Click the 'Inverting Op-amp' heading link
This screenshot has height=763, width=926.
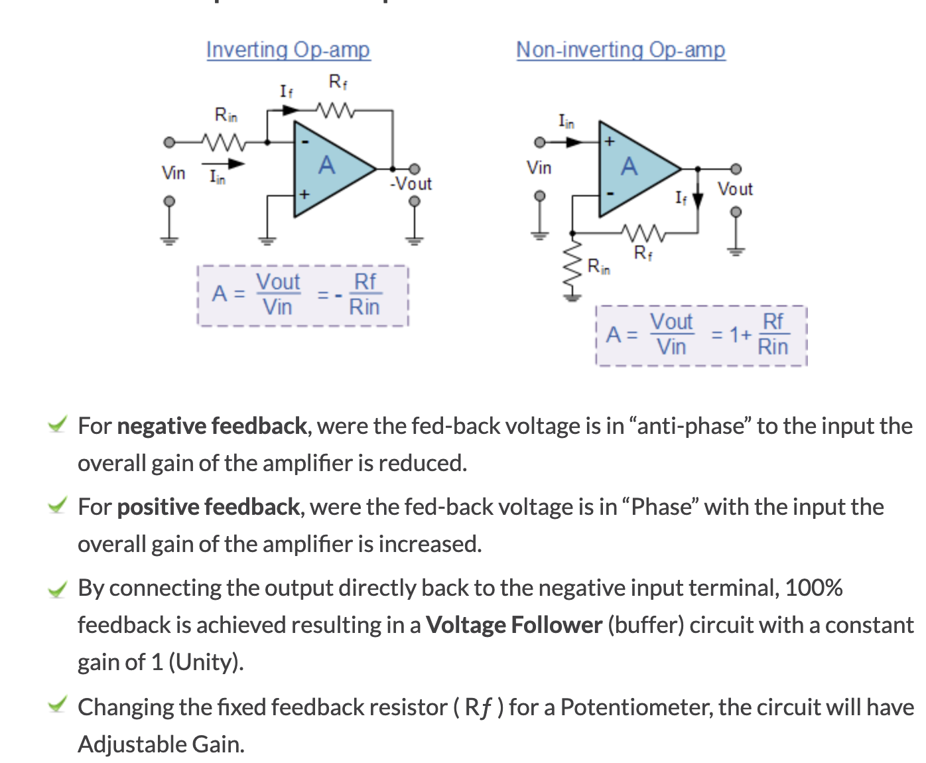289,50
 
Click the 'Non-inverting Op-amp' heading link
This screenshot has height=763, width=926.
621,50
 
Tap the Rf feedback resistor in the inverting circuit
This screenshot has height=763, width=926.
336,110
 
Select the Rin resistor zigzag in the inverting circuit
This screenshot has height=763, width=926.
224,143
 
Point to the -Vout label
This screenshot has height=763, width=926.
411,184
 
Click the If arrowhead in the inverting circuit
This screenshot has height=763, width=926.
291,110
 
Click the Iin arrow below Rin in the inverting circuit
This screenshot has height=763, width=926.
223,164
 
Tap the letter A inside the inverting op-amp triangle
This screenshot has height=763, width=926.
327,165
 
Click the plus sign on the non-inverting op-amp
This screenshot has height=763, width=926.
610,141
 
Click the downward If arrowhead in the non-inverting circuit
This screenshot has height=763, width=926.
698,200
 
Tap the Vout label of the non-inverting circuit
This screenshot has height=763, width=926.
735,189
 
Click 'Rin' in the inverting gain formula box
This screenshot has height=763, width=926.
365,307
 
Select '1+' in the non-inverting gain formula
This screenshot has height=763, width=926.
741,334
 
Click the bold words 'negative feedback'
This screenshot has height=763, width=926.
212,427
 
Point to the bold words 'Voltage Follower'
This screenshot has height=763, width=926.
514,625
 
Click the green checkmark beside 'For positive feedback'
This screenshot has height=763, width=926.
58,505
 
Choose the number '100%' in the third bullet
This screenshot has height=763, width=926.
814,589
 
